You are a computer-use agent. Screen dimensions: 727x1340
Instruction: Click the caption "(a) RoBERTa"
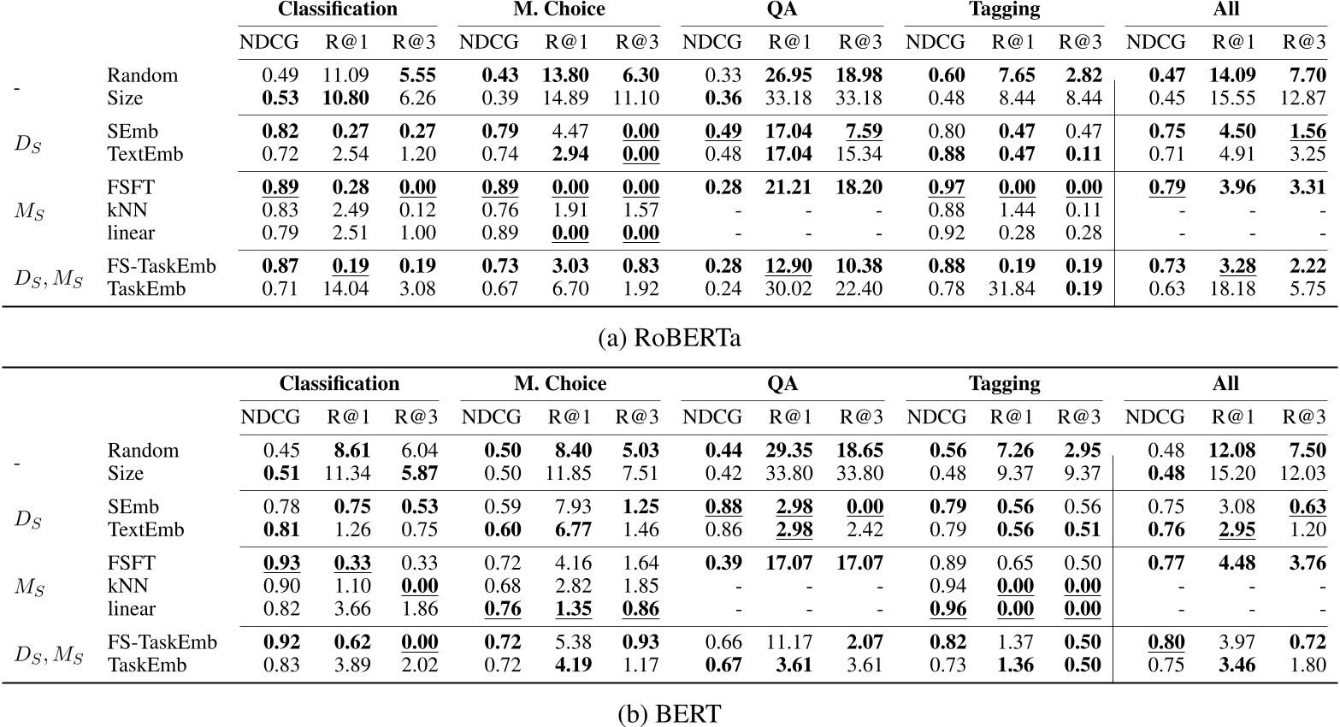tap(670, 338)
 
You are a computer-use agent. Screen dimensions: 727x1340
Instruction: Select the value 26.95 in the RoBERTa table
tap(789, 75)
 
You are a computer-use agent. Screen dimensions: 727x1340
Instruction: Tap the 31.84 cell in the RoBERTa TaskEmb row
tap(1012, 289)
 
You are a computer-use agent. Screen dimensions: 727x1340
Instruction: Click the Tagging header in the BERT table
tap(1004, 384)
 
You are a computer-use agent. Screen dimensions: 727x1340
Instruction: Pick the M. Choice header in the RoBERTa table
tap(559, 9)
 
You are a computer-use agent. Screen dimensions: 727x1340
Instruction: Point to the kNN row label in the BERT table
tap(127, 586)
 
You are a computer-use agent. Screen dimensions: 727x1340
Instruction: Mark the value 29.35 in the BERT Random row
tap(789, 451)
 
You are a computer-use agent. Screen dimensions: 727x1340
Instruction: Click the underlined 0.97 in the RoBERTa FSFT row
tap(947, 187)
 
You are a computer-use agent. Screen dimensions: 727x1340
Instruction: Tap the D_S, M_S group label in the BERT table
tap(49, 654)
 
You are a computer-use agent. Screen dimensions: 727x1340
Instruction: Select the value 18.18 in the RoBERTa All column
tap(1232, 289)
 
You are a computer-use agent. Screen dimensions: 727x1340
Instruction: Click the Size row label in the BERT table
tap(125, 474)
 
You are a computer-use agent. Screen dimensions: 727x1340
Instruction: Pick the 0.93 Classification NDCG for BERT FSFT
tap(281, 563)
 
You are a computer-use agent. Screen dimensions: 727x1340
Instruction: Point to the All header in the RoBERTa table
tap(1225, 9)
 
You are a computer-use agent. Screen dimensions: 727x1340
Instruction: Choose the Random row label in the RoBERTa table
tap(143, 75)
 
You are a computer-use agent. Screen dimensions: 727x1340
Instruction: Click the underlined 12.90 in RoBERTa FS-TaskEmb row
tap(789, 266)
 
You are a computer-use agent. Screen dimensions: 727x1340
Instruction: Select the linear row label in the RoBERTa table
tap(131, 233)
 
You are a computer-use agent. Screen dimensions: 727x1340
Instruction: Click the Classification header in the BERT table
tap(339, 384)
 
